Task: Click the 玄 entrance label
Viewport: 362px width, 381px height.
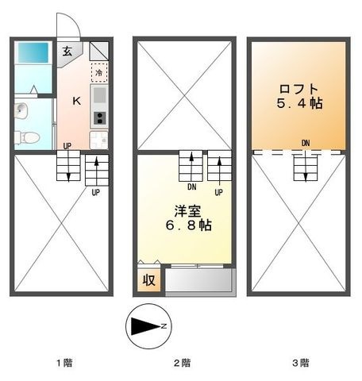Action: click(67, 51)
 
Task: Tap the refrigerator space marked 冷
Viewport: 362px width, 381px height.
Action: click(99, 72)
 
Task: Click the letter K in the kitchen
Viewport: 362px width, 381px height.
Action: click(77, 101)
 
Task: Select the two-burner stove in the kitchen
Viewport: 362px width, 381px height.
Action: click(100, 118)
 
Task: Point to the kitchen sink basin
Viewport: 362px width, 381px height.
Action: click(99, 95)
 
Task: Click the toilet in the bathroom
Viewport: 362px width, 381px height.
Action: click(27, 137)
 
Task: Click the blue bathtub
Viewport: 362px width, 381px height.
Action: click(33, 52)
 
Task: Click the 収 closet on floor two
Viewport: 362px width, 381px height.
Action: click(149, 279)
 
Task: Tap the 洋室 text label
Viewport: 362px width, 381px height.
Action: click(187, 211)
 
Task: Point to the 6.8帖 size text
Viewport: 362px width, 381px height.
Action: click(188, 225)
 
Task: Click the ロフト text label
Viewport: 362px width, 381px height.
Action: click(298, 89)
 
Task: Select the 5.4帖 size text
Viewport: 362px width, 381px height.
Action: click(299, 103)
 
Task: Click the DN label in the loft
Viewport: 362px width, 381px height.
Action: click(306, 143)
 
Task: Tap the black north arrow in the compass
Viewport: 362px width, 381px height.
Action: click(146, 326)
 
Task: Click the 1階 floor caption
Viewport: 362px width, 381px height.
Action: click(64, 363)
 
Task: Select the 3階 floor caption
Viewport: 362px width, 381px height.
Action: click(301, 363)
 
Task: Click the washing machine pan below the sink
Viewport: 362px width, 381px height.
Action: click(99, 140)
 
